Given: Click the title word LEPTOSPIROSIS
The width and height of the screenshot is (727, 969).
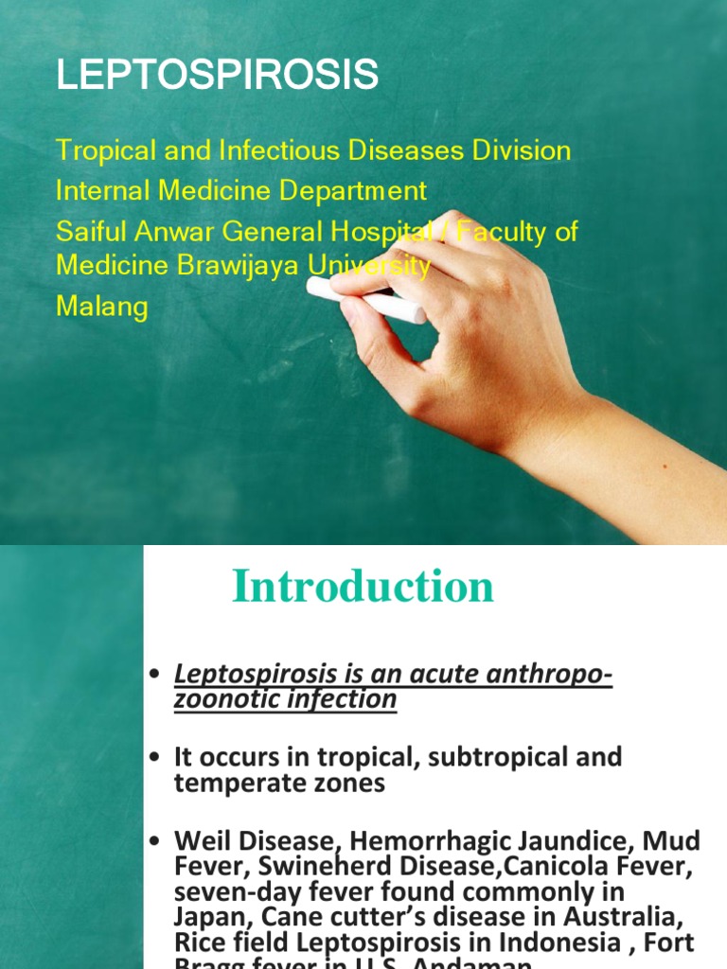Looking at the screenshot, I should pos(217,75).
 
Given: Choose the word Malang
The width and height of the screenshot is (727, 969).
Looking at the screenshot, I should pos(102,308).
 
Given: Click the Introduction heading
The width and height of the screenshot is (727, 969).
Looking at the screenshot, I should pos(363,587).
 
